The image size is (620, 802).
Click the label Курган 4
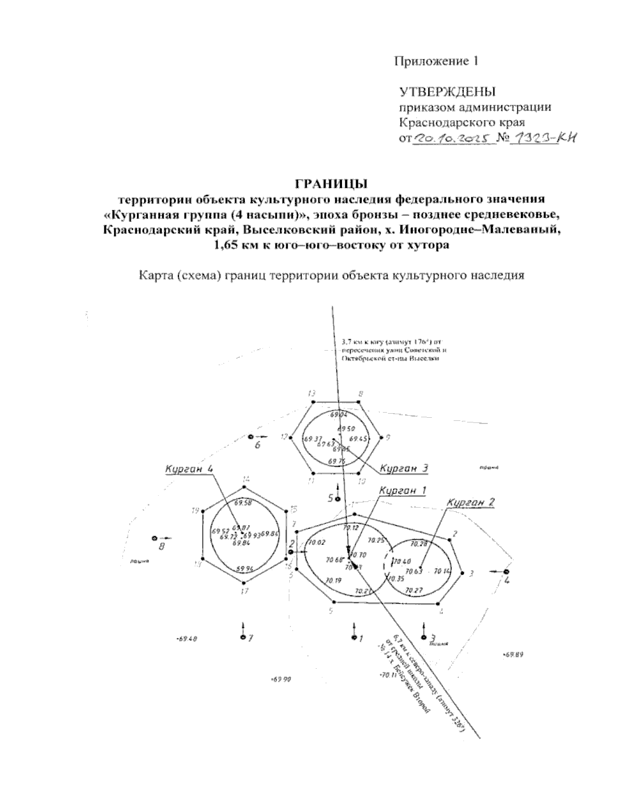(189, 469)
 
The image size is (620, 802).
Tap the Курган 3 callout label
(404, 468)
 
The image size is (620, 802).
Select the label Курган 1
(402, 491)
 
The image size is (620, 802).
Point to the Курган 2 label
(472, 502)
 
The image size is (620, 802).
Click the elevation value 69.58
(243, 502)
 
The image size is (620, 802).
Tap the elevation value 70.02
(316, 542)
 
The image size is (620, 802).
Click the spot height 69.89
(514, 655)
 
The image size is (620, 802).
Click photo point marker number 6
(251, 437)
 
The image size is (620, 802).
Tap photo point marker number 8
(154, 538)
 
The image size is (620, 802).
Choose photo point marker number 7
(243, 637)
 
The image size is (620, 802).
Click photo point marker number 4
(506, 572)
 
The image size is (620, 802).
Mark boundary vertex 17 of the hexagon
(244, 583)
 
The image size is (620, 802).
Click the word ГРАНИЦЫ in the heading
(330, 184)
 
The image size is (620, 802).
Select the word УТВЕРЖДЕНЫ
(447, 92)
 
